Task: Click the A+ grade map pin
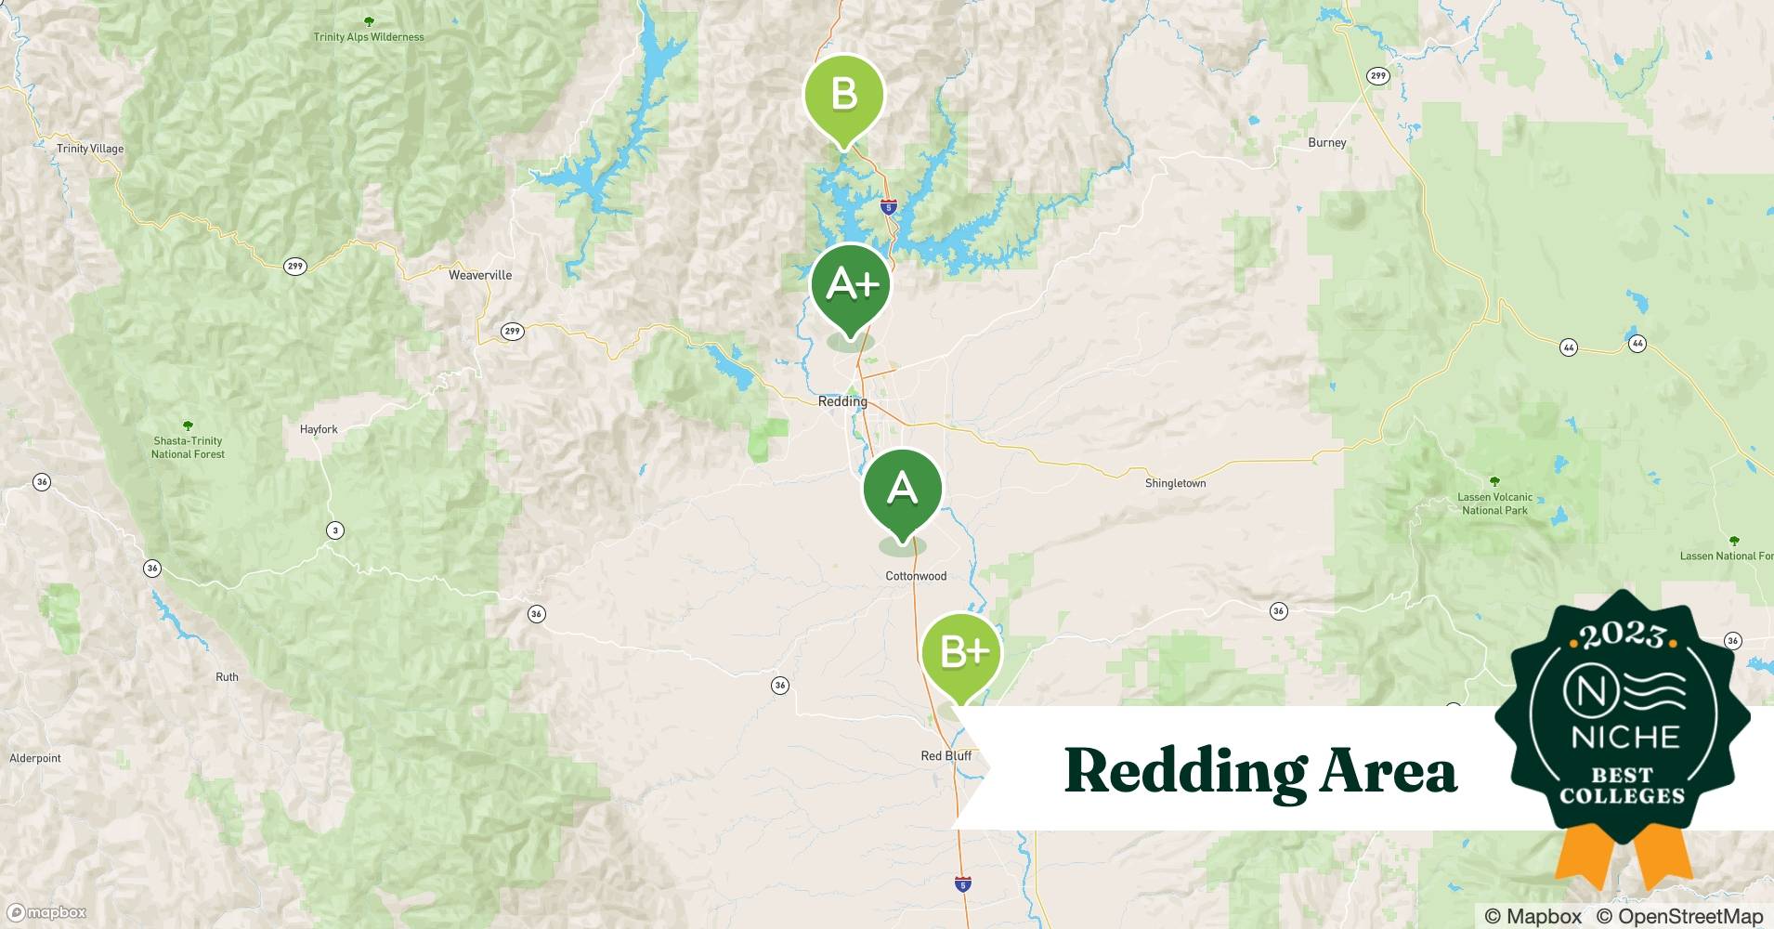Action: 850,285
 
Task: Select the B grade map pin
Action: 843,96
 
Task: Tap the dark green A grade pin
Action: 902,489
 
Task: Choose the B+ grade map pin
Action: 962,653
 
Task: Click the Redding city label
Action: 842,402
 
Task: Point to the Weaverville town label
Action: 480,275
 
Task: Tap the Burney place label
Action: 1326,143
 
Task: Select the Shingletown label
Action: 1175,483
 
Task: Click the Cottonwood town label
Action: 916,576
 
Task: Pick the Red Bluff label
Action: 946,756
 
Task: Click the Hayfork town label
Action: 319,429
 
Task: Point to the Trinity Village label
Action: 90,149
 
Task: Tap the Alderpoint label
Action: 35,758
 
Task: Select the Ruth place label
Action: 227,677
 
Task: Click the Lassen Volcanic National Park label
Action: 1494,504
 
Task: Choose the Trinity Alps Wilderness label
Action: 369,37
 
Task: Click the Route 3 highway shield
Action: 335,530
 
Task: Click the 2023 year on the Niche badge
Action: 1622,635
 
